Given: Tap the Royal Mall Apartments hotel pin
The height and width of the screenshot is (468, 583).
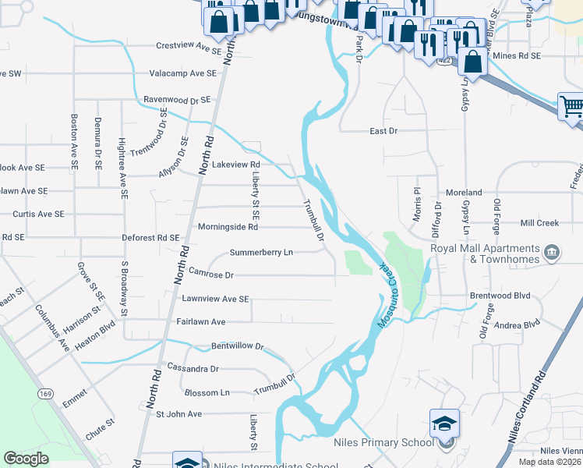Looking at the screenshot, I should tap(552, 252).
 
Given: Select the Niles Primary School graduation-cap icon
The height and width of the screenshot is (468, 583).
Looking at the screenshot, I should tap(444, 424).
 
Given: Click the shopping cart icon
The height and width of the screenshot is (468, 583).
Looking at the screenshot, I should tap(572, 107).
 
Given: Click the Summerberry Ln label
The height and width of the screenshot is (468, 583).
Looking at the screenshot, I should tap(261, 253).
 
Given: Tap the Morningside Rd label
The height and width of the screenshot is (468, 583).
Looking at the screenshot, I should tap(228, 228).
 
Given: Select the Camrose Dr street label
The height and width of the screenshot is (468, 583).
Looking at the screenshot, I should tap(211, 275).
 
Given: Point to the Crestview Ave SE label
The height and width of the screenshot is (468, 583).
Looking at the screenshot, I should tap(189, 48).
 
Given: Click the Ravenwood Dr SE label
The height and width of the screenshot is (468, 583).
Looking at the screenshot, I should tap(177, 101).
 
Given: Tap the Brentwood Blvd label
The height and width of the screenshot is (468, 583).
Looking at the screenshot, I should tap(500, 296).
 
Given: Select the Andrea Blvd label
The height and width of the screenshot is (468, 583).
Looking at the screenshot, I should tap(517, 324).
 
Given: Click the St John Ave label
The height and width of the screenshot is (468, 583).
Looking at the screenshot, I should tap(179, 414).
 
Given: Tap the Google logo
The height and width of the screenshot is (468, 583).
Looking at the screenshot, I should tap(26, 459).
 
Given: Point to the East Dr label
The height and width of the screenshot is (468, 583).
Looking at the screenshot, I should tap(383, 131).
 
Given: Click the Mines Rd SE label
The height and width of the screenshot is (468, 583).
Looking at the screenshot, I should tap(517, 56).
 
